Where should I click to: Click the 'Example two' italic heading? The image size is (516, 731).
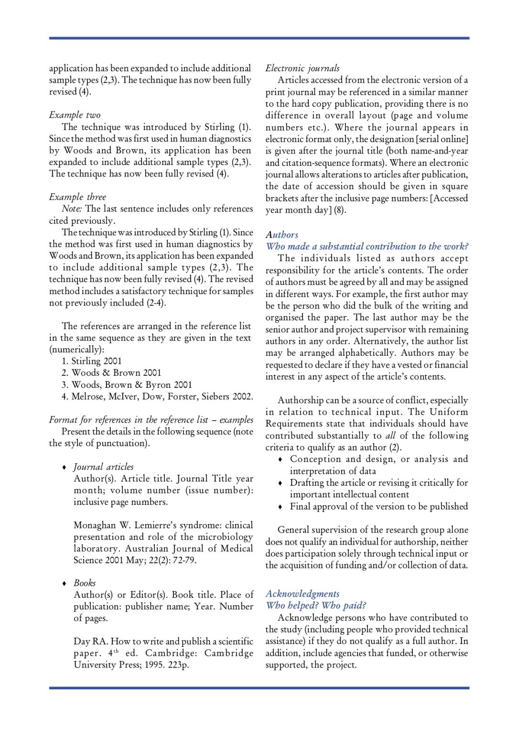75,115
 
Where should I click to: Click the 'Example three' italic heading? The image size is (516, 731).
77,197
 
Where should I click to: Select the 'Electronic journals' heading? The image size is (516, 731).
302,68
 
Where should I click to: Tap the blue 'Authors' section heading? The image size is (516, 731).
282,235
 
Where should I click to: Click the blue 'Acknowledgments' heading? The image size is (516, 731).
302,594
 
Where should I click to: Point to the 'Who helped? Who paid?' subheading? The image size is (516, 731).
316,606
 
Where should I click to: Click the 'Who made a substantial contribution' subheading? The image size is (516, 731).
367,247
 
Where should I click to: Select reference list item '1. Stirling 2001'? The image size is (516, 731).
92,361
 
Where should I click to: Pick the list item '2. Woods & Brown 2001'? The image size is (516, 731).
111,373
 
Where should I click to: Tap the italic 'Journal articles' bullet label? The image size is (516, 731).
104,467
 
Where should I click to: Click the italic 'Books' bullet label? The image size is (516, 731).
85,583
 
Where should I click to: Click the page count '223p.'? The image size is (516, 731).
178,665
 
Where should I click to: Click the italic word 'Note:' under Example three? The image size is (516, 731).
72,209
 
